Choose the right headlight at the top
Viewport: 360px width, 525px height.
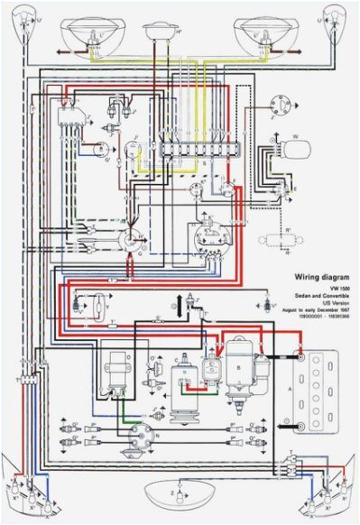[266, 33]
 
